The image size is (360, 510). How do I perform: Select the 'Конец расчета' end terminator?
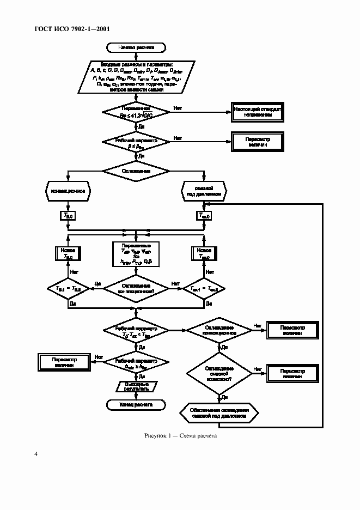pos(136,404)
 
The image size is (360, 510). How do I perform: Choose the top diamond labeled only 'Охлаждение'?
pos(136,171)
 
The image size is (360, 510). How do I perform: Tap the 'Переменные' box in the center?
pos(136,254)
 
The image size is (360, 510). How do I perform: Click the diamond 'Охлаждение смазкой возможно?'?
pos(219,373)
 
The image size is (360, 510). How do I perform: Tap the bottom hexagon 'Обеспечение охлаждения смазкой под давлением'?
pos(219,412)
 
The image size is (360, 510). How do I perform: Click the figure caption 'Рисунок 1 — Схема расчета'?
pos(180,436)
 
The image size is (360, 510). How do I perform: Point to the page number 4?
pos(36,454)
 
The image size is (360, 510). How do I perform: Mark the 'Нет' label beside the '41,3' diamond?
pos(178,108)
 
